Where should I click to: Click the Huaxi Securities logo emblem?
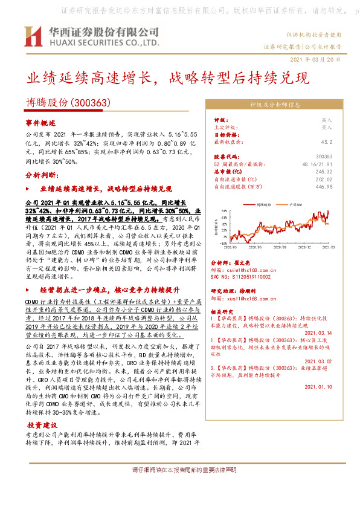point(32,38)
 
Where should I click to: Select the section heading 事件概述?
point(41,122)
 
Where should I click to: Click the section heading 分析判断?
point(42,174)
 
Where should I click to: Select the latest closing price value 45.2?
point(326,142)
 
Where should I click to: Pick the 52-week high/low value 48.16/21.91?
point(317,164)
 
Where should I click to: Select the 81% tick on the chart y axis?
point(223,211)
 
